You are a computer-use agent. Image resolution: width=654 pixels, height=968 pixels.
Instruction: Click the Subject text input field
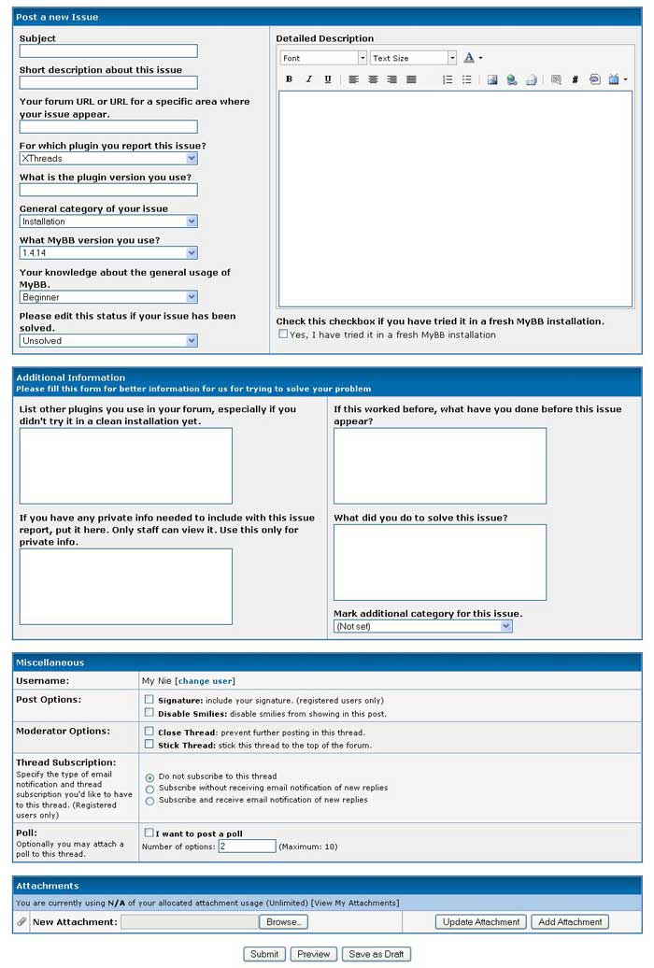click(x=108, y=51)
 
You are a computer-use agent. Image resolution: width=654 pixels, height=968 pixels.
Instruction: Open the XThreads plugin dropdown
click(x=108, y=159)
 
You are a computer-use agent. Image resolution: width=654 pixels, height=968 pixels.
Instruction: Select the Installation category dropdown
click(x=108, y=221)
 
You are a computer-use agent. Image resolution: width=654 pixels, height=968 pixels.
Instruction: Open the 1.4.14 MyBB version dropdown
click(x=108, y=253)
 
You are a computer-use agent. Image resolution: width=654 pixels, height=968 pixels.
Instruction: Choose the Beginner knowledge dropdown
click(x=108, y=297)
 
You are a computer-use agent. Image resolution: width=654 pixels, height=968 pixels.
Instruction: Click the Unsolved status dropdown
click(x=108, y=341)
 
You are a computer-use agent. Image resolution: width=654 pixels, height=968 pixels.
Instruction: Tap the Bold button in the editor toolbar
click(x=290, y=79)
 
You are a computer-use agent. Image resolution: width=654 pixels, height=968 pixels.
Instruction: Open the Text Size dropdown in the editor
click(x=413, y=58)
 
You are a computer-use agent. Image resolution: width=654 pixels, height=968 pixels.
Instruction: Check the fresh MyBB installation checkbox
click(x=283, y=334)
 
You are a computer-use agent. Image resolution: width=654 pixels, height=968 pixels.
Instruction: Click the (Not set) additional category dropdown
click(x=423, y=626)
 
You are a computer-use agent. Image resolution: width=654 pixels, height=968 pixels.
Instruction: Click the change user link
click(x=205, y=681)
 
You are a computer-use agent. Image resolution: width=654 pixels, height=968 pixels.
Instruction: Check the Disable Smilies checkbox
click(x=149, y=712)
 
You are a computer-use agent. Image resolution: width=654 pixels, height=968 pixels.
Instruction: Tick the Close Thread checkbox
click(x=149, y=732)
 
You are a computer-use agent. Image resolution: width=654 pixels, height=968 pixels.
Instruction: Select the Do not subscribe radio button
click(x=149, y=777)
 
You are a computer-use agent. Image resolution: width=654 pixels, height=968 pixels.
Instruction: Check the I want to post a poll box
click(x=149, y=832)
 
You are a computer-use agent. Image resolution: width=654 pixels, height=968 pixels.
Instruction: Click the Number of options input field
click(x=247, y=847)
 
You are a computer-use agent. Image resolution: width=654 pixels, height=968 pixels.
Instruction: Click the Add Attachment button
click(x=570, y=922)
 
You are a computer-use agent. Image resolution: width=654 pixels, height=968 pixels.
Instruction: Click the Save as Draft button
click(x=376, y=954)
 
